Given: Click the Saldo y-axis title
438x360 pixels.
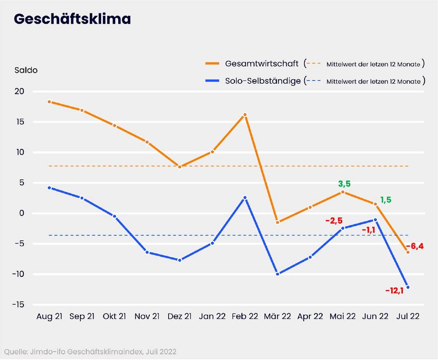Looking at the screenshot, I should pyautogui.click(x=26, y=71).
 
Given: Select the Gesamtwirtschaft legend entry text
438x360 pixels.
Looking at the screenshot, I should pyautogui.click(x=262, y=64).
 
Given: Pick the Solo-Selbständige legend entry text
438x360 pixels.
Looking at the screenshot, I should pyautogui.click(x=263, y=81).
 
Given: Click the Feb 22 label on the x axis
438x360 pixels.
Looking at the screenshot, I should pyautogui.click(x=245, y=316).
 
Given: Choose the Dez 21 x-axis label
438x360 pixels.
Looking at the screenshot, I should pyautogui.click(x=180, y=316).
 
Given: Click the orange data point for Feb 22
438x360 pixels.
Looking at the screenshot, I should pyautogui.click(x=245, y=115).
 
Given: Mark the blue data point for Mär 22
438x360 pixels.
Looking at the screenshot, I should pyautogui.click(x=278, y=274).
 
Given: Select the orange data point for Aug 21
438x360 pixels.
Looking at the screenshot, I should pyautogui.click(x=49, y=102).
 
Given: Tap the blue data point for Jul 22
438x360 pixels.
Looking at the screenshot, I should pyautogui.click(x=408, y=287).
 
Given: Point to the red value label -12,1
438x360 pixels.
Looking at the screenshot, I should pyautogui.click(x=394, y=290).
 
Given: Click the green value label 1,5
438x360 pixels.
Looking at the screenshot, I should pyautogui.click(x=386, y=200).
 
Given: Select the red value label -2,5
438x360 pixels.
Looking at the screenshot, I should pyautogui.click(x=334, y=220).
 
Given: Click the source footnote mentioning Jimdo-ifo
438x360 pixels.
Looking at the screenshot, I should pyautogui.click(x=91, y=352).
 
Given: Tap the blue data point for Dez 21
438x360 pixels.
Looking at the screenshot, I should pyautogui.click(x=180, y=260).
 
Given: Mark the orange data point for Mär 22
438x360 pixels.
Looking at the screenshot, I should pyautogui.click(x=278, y=222).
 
